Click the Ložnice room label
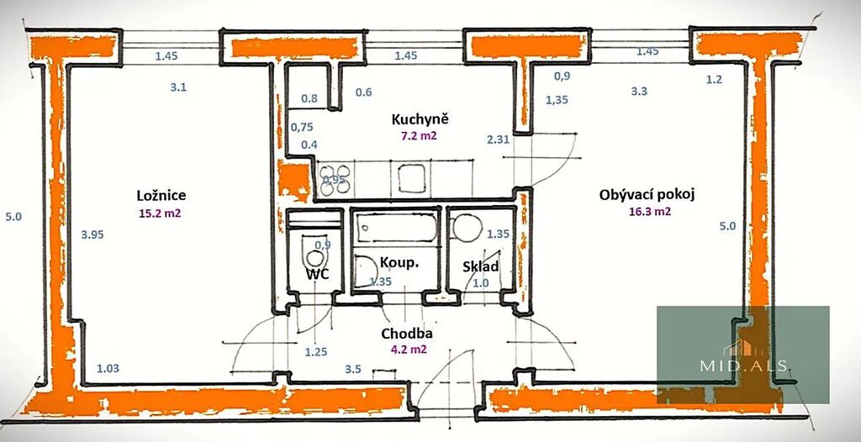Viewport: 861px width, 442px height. click(161, 196)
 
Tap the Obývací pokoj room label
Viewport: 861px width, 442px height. click(647, 195)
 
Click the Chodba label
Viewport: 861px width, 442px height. click(407, 334)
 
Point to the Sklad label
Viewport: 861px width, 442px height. click(480, 267)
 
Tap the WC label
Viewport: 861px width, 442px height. click(318, 274)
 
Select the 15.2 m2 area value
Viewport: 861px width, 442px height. click(160, 213)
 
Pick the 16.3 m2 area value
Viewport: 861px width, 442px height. click(650, 212)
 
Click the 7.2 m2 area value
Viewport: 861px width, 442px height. click(419, 135)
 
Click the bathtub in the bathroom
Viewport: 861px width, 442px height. click(395, 228)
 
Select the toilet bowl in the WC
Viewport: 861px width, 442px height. click(315, 257)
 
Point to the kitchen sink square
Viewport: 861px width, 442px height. click(412, 178)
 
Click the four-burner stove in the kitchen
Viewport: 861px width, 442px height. click(335, 180)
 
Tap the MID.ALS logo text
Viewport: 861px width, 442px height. click(744, 366)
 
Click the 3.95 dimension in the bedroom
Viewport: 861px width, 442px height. click(92, 234)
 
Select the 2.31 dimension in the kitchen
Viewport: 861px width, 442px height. click(498, 139)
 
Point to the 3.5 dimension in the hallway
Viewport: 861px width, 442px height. click(353, 369)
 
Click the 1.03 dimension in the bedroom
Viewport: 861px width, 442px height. click(108, 368)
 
